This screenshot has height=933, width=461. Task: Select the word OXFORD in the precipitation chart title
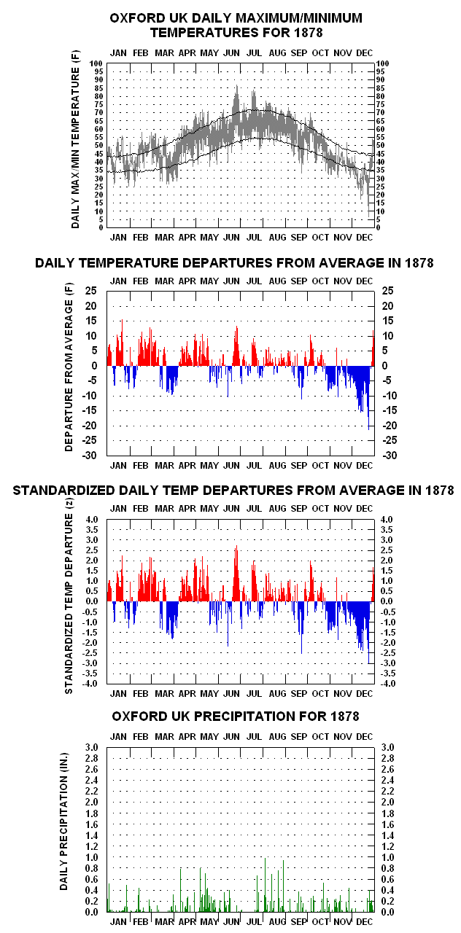134,716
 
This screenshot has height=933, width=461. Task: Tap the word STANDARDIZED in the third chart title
63,491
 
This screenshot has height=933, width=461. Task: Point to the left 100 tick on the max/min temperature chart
96,63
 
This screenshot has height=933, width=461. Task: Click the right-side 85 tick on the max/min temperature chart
380,88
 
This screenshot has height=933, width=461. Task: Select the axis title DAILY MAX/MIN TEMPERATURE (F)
75,139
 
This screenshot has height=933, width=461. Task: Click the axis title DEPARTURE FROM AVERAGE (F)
69,367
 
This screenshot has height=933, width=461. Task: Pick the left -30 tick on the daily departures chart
89,456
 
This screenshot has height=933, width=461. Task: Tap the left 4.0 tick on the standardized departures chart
92,520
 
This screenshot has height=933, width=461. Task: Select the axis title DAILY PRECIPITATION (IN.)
63,821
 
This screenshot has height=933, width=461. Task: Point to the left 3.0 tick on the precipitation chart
92,747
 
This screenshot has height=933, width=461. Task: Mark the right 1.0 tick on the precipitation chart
387,857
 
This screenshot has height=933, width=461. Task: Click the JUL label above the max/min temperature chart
254,53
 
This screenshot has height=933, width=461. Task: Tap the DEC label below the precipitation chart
364,922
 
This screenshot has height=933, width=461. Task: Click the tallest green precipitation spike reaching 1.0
265,885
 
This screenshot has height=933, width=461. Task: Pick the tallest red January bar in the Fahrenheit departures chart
122,343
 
